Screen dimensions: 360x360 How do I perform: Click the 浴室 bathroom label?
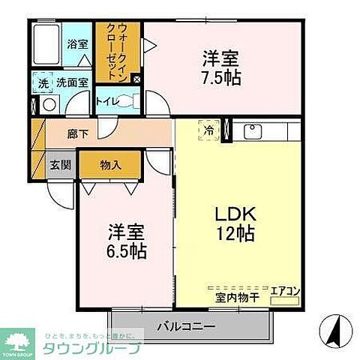(x=76, y=43)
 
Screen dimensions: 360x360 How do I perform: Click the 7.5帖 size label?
(x=221, y=76)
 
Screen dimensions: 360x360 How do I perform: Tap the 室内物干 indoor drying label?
(x=238, y=298)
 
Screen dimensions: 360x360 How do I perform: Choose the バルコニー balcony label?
(x=186, y=327)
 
